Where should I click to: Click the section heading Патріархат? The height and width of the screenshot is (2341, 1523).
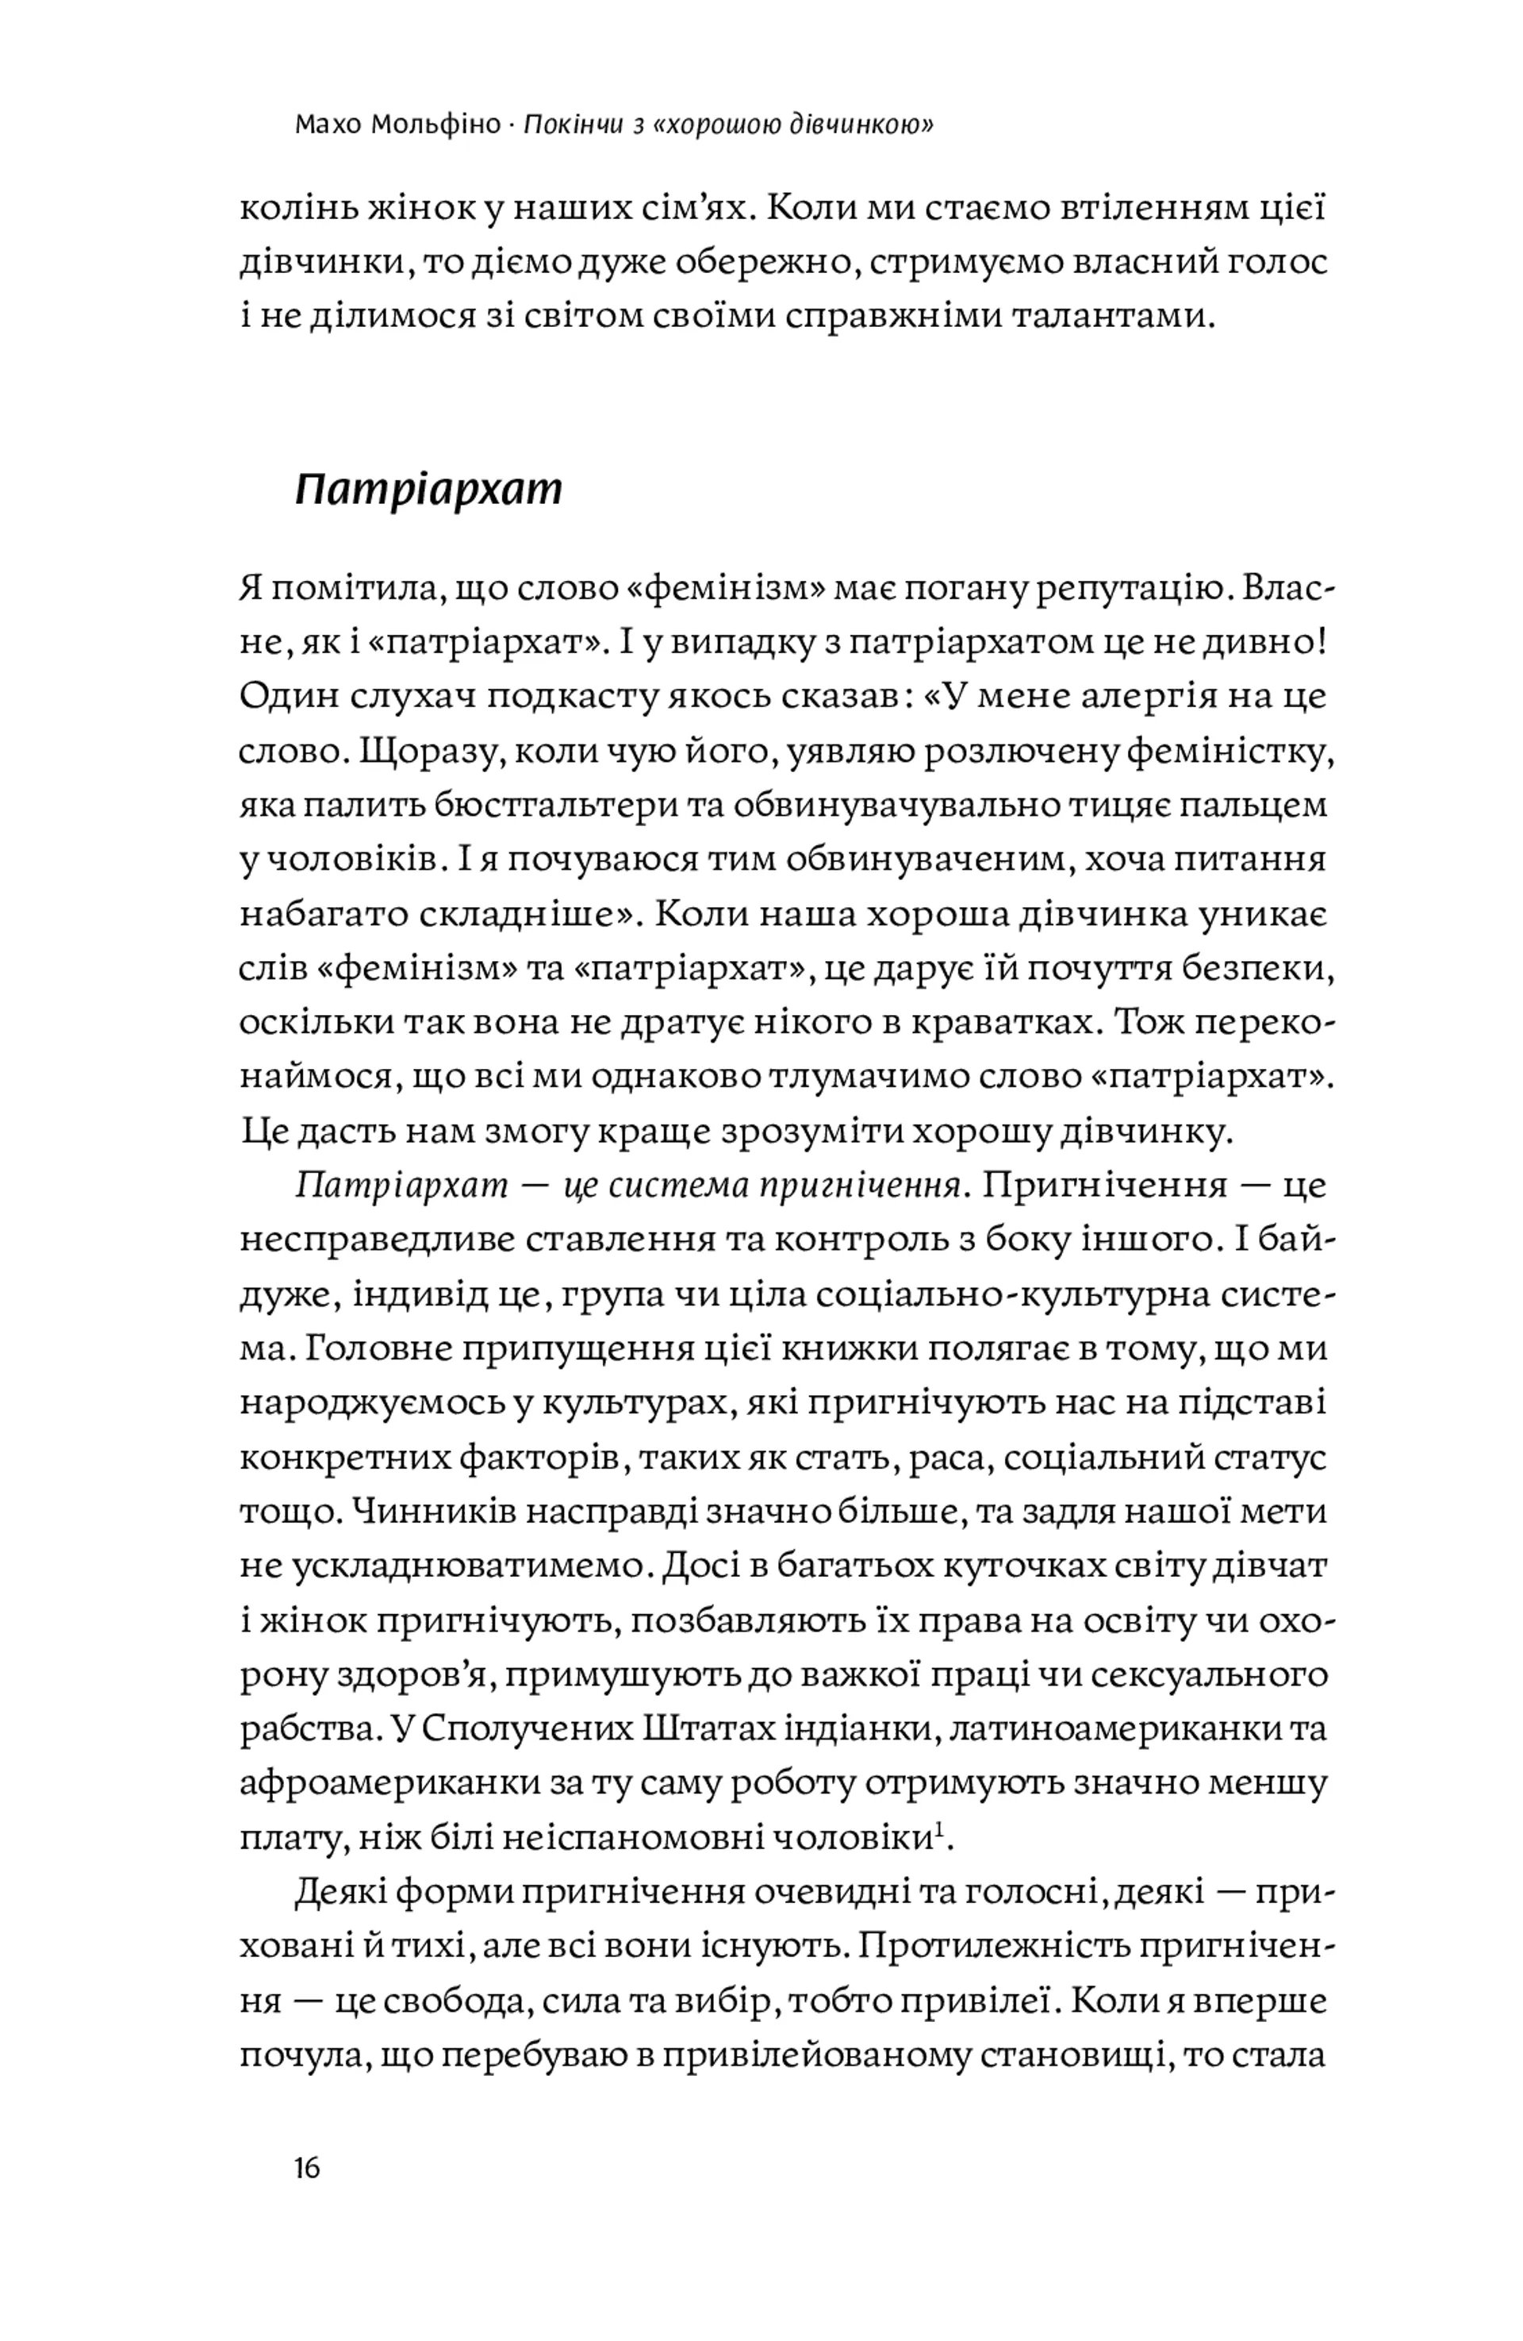tap(428, 489)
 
